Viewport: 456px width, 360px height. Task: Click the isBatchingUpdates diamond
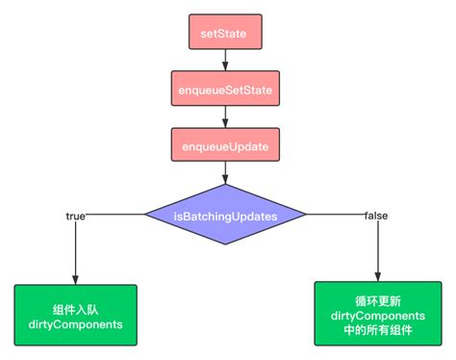(x=225, y=217)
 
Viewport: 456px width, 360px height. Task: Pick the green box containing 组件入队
(x=76, y=316)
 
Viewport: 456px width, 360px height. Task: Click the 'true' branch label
(x=76, y=216)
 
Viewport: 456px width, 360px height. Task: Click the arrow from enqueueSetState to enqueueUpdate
(x=225, y=117)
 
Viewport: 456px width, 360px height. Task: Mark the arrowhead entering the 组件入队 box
(x=76, y=279)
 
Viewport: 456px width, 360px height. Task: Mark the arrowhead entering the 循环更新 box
(x=378, y=276)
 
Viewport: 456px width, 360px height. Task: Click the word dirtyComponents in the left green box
(x=76, y=325)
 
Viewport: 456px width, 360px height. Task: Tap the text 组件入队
(x=76, y=308)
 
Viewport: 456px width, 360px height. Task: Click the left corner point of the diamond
(x=145, y=217)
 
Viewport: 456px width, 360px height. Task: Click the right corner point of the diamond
(x=306, y=217)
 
